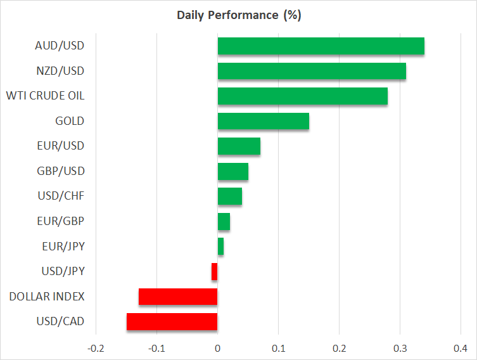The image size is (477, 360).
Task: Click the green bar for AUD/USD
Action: (x=321, y=46)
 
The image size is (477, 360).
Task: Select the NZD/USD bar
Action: (x=312, y=71)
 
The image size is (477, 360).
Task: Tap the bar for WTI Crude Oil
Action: (x=302, y=96)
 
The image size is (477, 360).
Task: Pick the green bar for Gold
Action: (x=263, y=121)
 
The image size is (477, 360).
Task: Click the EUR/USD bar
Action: (x=239, y=146)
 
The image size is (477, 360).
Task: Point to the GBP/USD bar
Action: (x=232, y=171)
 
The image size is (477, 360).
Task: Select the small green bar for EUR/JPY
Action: (x=220, y=247)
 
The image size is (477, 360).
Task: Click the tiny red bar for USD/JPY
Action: (x=215, y=272)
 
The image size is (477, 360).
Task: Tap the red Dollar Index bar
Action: (x=178, y=297)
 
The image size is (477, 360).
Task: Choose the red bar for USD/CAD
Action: (x=172, y=322)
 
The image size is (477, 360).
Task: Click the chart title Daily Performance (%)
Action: (x=238, y=15)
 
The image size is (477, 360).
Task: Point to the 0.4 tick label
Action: (x=461, y=349)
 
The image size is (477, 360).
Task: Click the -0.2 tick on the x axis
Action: (x=95, y=349)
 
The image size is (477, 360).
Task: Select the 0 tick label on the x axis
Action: (x=217, y=349)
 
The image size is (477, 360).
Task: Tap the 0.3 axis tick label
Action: (x=400, y=349)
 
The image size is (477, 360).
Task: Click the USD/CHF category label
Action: (x=61, y=196)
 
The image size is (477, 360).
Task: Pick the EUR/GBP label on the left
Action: (x=61, y=221)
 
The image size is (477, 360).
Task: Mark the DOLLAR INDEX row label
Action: (x=46, y=297)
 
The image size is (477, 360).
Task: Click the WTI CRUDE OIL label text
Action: (x=45, y=96)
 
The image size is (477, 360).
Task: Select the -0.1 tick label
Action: (x=156, y=349)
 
